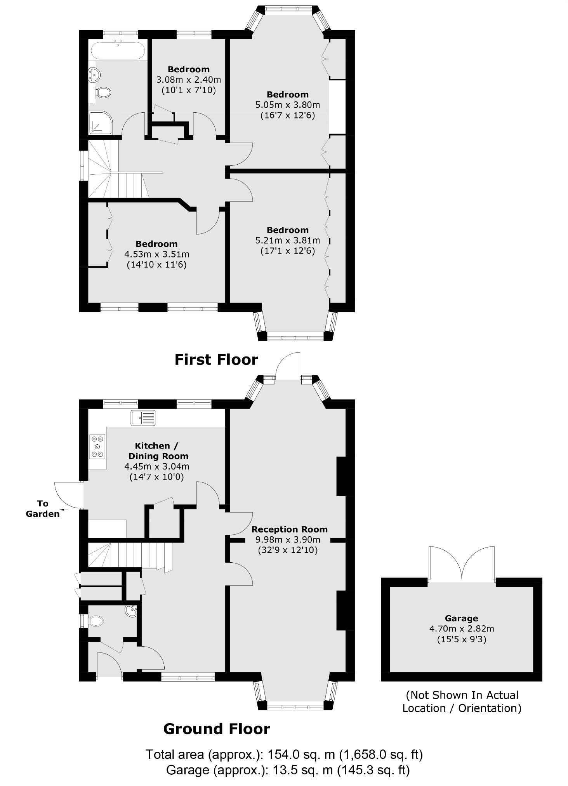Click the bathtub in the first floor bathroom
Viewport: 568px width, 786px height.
(x=118, y=50)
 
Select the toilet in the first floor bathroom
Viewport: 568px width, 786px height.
(x=103, y=92)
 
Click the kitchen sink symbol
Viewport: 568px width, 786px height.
(x=143, y=418)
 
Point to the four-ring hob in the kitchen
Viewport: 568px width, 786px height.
(x=97, y=447)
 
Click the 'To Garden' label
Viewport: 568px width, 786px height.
(x=43, y=509)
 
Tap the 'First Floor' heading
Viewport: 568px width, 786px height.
(x=216, y=360)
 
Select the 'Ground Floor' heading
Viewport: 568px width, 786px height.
(x=216, y=729)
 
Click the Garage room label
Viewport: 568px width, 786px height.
(x=461, y=618)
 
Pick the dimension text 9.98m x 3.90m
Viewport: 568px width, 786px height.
(x=287, y=540)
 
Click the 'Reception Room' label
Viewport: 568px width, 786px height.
(x=289, y=529)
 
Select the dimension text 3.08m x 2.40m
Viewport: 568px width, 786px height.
(x=188, y=80)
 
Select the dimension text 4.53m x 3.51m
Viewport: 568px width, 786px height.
(x=156, y=254)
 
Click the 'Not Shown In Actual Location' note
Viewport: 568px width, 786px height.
(x=461, y=701)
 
